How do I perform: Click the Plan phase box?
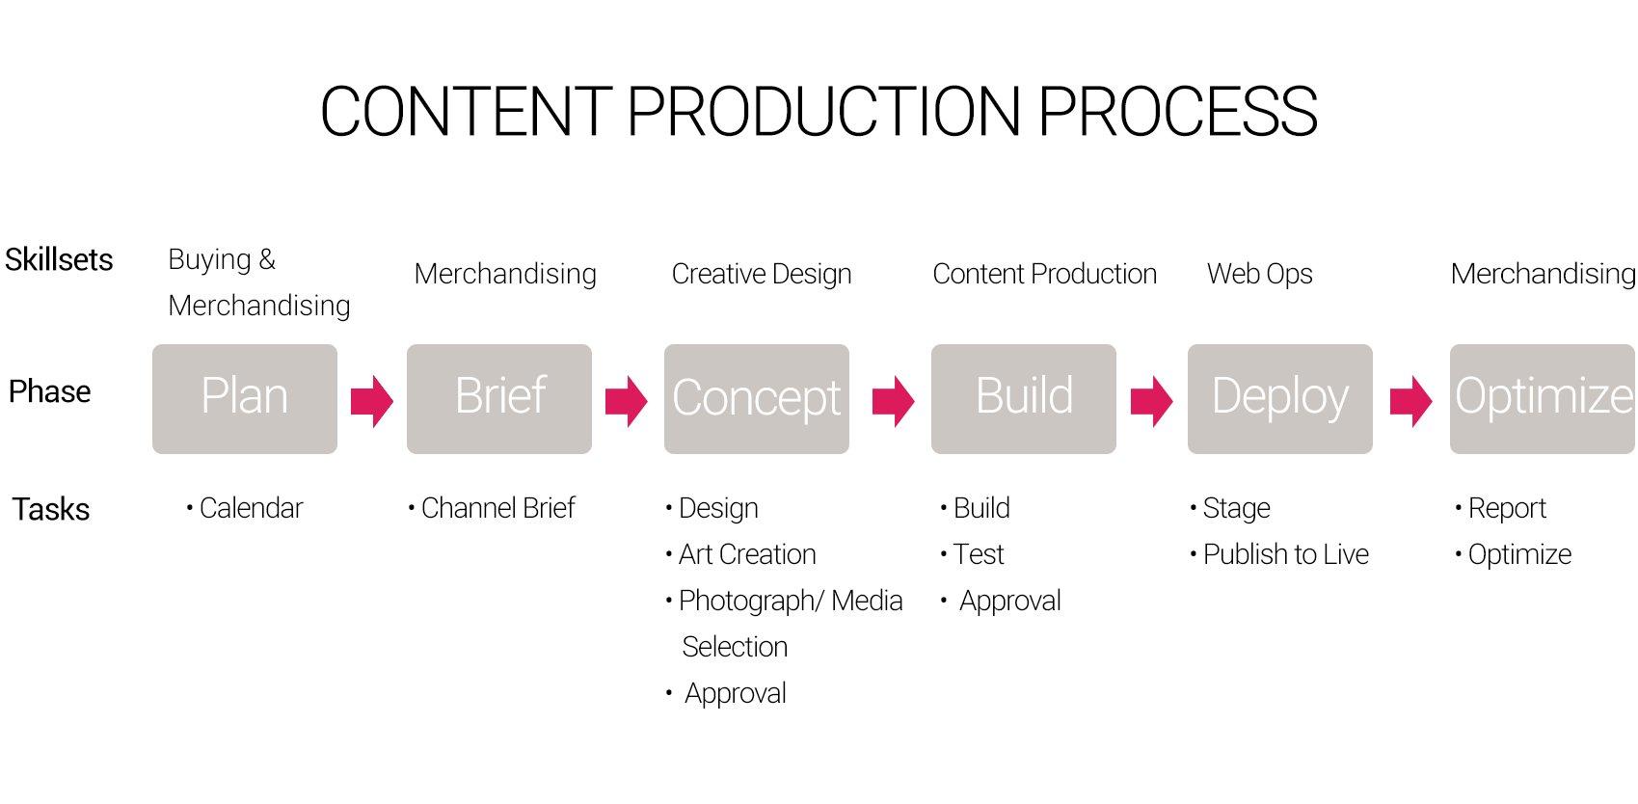coord(245,399)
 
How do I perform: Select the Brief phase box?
coord(499,399)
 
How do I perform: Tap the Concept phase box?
coord(757,399)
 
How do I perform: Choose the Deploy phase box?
coord(1280,399)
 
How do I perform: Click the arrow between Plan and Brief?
coord(372,400)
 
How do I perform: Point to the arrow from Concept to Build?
coord(893,400)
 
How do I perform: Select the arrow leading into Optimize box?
coord(1410,400)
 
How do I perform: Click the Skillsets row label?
coord(59,259)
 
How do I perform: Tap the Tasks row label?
coord(50,509)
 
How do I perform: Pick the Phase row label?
coord(50,391)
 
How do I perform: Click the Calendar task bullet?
coord(244,508)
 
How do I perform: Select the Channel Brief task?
coord(492,508)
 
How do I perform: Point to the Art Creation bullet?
coord(740,554)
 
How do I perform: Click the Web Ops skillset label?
coord(1260,274)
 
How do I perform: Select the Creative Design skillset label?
coord(762,274)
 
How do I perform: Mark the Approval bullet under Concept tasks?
coord(726,693)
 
